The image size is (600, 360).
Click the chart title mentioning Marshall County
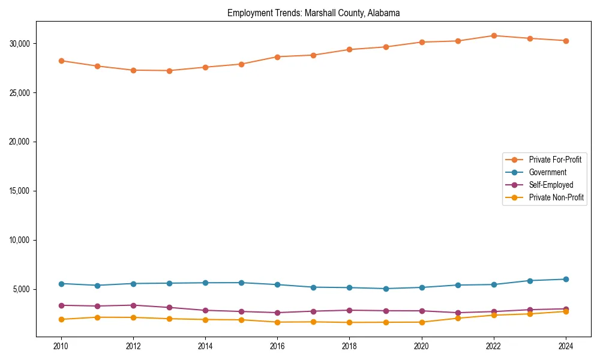click(313, 13)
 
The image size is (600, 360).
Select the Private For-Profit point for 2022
click(494, 35)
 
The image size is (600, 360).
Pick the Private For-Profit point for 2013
click(169, 71)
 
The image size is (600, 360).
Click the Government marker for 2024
click(566, 279)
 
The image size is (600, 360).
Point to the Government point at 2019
click(386, 289)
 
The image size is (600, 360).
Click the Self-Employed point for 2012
click(133, 305)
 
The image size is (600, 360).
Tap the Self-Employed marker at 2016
click(277, 313)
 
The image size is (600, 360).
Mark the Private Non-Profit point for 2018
click(350, 322)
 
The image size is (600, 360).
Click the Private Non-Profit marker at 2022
click(494, 315)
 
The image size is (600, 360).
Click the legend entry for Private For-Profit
click(554, 160)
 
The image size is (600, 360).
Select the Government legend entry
click(547, 172)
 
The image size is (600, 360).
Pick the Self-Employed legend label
click(551, 185)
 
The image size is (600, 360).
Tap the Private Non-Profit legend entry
click(556, 197)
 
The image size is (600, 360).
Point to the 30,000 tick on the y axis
click(19, 44)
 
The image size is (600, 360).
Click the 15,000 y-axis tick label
click(19, 191)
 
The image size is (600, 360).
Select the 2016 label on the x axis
click(277, 346)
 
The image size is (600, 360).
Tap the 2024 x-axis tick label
click(566, 346)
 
